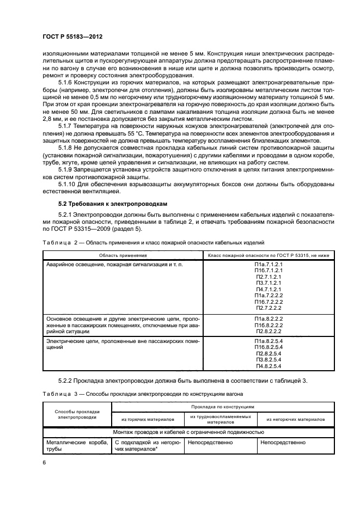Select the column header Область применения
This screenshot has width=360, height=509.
point(123,255)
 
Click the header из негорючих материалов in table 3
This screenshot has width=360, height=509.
point(296,419)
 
